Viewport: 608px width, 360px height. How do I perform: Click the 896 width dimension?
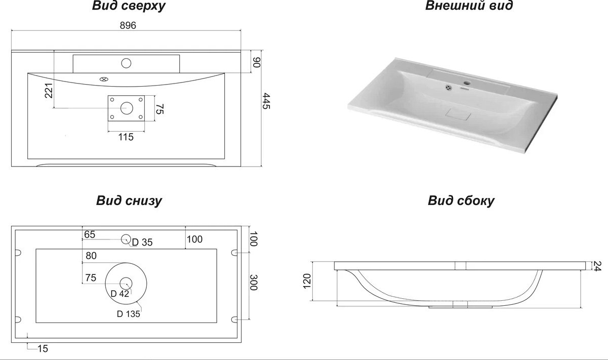(128, 25)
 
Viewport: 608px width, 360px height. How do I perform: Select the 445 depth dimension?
(266, 101)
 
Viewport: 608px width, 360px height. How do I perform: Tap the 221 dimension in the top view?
(49, 91)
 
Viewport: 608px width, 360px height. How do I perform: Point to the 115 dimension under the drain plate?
(126, 137)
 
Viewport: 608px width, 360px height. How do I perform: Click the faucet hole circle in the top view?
(126, 63)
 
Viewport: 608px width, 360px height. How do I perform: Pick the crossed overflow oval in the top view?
(104, 79)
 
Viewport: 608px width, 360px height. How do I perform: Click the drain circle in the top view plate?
(127, 108)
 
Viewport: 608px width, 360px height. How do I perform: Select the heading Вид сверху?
(129, 6)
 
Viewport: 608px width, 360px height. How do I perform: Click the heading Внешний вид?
(469, 6)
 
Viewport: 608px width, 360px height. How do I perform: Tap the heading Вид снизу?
(129, 201)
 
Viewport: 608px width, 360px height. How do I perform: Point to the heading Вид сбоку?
(461, 201)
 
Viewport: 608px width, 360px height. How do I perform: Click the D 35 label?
(142, 242)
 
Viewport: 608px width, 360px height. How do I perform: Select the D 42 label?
(119, 294)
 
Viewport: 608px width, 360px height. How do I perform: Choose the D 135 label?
(129, 314)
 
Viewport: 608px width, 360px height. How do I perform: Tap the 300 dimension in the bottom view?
(254, 283)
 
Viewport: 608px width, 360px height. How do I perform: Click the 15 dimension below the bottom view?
(43, 348)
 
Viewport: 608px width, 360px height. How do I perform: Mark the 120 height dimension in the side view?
(307, 282)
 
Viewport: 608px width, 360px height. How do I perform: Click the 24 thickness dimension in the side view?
(597, 266)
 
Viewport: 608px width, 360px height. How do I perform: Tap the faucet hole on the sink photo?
(467, 83)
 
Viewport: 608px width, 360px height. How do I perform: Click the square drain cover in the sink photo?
(458, 114)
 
